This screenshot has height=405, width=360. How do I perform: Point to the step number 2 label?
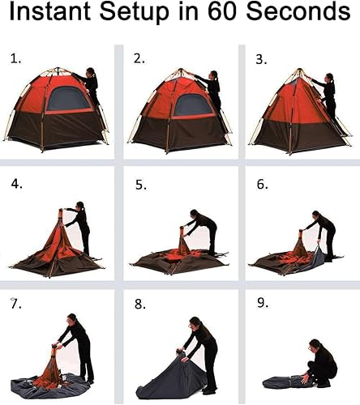click(139, 58)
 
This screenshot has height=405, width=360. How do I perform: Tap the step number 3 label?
click(261, 58)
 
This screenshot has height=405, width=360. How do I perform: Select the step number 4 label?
click(17, 183)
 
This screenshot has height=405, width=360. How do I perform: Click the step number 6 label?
click(262, 184)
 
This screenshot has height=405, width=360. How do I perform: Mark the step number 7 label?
click(14, 303)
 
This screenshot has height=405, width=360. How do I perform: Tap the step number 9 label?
click(262, 305)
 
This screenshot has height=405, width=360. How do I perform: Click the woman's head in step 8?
click(194, 323)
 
